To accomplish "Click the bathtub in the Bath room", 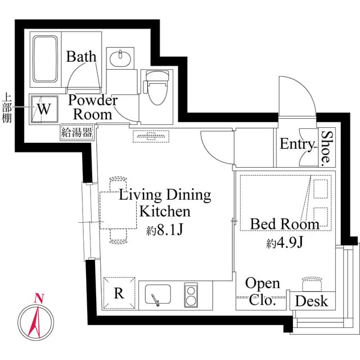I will tap(46, 60).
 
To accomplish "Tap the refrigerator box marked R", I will tap(119, 294).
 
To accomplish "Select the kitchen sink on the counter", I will tap(158, 294).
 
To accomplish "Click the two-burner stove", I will tap(191, 294).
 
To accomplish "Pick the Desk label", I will tap(311, 301).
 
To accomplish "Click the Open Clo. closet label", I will tap(262, 292).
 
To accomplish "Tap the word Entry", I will tap(296, 145).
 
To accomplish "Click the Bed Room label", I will tap(285, 224).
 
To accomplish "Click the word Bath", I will tap(82, 56).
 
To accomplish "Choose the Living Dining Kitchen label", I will tap(164, 203).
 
